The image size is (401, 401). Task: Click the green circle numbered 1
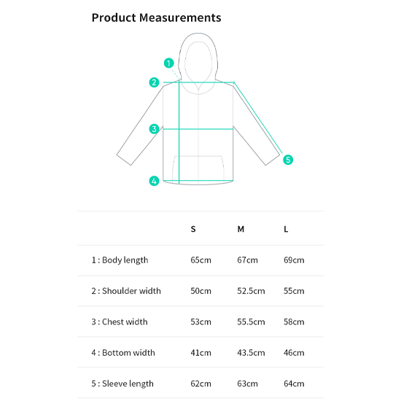[x=169, y=63]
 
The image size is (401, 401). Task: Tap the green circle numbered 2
[x=154, y=82]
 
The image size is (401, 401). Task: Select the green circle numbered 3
[x=154, y=129]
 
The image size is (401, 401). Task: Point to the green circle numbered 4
[x=154, y=181]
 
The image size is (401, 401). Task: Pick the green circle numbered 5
[x=288, y=160]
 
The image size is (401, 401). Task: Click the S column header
[x=193, y=229]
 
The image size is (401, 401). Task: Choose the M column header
[x=241, y=229]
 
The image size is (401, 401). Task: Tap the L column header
[x=286, y=229]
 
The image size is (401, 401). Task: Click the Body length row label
[x=120, y=260]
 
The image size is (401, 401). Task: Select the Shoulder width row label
[x=126, y=291]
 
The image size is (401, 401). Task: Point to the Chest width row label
[x=120, y=322]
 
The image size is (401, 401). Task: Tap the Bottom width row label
[x=123, y=353]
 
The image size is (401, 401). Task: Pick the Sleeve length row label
[x=122, y=384]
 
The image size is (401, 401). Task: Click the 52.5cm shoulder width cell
[x=251, y=291]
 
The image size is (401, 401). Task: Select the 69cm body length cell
[x=294, y=260]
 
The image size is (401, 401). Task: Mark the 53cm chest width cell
[x=200, y=322]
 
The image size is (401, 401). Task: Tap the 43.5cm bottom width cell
[x=251, y=353]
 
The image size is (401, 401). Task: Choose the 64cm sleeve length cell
[x=294, y=384]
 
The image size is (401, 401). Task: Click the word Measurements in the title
[x=180, y=17]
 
